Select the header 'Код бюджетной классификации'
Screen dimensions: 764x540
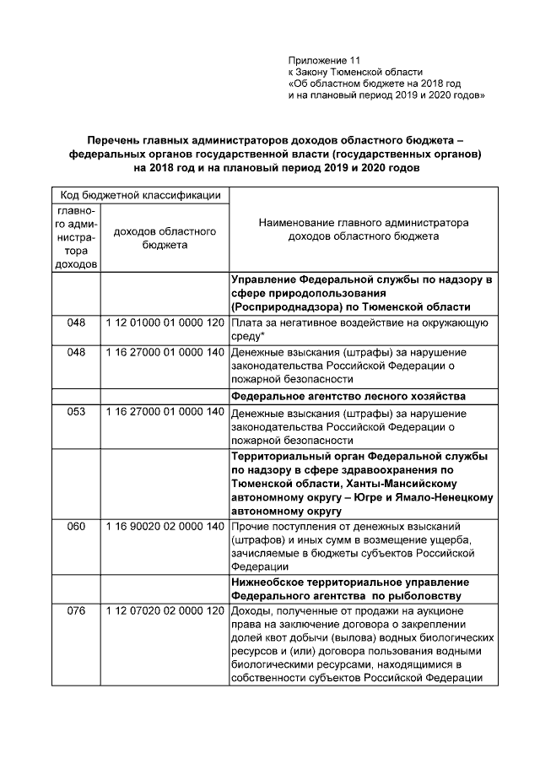[x=140, y=196]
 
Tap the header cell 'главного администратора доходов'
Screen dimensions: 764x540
[x=77, y=237]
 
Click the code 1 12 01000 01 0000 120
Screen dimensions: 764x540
[x=165, y=323]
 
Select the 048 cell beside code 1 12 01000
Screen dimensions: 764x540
[x=77, y=323]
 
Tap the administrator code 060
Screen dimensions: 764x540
[x=77, y=527]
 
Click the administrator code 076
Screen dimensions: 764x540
[x=77, y=610]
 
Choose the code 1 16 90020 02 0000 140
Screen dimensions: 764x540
[x=165, y=527]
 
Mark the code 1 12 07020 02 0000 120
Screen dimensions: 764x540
[x=165, y=610]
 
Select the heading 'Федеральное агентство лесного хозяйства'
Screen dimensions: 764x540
[x=349, y=395]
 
